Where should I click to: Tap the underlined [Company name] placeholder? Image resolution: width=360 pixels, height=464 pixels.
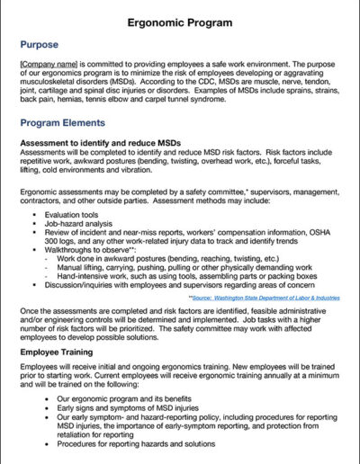[x=52, y=65]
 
